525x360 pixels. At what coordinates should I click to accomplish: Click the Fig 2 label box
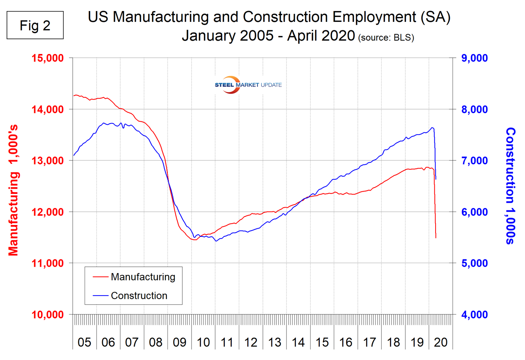pos(35,25)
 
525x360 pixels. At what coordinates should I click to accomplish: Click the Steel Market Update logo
pos(248,85)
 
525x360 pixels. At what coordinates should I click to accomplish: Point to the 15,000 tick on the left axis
pos(48,58)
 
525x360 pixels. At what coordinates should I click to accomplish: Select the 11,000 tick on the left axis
pos(48,263)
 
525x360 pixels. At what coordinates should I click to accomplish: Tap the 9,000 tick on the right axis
pos(474,58)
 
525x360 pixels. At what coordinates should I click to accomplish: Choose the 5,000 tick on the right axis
pos(474,263)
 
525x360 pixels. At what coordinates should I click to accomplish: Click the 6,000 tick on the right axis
pos(474,212)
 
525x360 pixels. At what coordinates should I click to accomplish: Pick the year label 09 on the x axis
pos(179,342)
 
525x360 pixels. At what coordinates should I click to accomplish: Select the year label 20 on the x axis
pos(441,342)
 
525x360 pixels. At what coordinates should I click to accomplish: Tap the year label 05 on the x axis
pos(84,342)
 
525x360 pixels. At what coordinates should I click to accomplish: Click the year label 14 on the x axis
pos(298,342)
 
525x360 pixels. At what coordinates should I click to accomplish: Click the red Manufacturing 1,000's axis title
pos(13,190)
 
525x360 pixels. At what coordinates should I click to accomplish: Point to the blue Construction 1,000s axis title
pos(511,186)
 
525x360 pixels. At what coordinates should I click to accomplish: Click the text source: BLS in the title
pos(386,38)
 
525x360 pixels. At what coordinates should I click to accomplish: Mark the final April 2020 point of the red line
pos(436,238)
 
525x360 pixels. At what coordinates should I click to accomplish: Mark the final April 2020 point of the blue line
pos(436,179)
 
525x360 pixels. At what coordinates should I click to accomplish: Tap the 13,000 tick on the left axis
pos(48,161)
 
